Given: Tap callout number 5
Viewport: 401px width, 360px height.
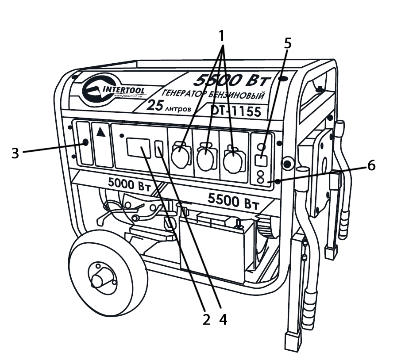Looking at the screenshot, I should coord(288,42).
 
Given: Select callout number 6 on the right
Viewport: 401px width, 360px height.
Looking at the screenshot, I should coord(370,166).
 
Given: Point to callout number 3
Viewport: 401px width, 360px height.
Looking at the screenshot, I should coord(15,153).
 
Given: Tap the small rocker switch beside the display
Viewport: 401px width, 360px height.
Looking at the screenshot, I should coord(160,149).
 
